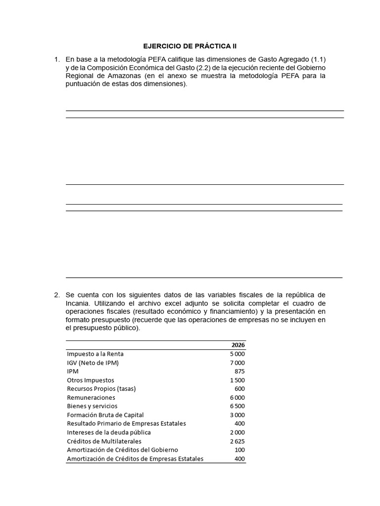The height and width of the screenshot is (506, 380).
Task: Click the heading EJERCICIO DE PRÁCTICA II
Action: tap(190, 46)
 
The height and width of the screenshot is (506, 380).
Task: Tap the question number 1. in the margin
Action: tap(57, 60)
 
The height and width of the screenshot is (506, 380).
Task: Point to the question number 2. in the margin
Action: tap(57, 295)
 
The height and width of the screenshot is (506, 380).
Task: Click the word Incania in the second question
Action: tap(79, 303)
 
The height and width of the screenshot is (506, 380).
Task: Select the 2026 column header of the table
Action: tap(238, 345)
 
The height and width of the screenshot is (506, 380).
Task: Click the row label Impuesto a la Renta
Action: tap(95, 354)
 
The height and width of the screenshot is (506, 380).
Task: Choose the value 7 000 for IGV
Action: tap(237, 363)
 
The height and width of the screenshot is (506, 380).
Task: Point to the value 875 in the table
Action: tap(239, 371)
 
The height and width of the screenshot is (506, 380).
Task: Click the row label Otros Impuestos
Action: tap(91, 380)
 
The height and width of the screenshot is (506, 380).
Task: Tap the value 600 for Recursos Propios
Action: tap(239, 388)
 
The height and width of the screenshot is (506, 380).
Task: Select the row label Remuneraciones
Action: tap(91, 397)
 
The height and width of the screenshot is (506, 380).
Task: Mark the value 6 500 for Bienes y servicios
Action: tap(237, 406)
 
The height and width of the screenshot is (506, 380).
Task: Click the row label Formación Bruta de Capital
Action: tap(105, 415)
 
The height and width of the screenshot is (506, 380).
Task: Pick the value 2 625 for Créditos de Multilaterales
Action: tap(237, 441)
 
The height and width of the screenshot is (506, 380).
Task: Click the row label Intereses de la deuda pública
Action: tap(108, 432)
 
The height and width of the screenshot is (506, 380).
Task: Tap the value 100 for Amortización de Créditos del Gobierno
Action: tap(239, 450)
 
